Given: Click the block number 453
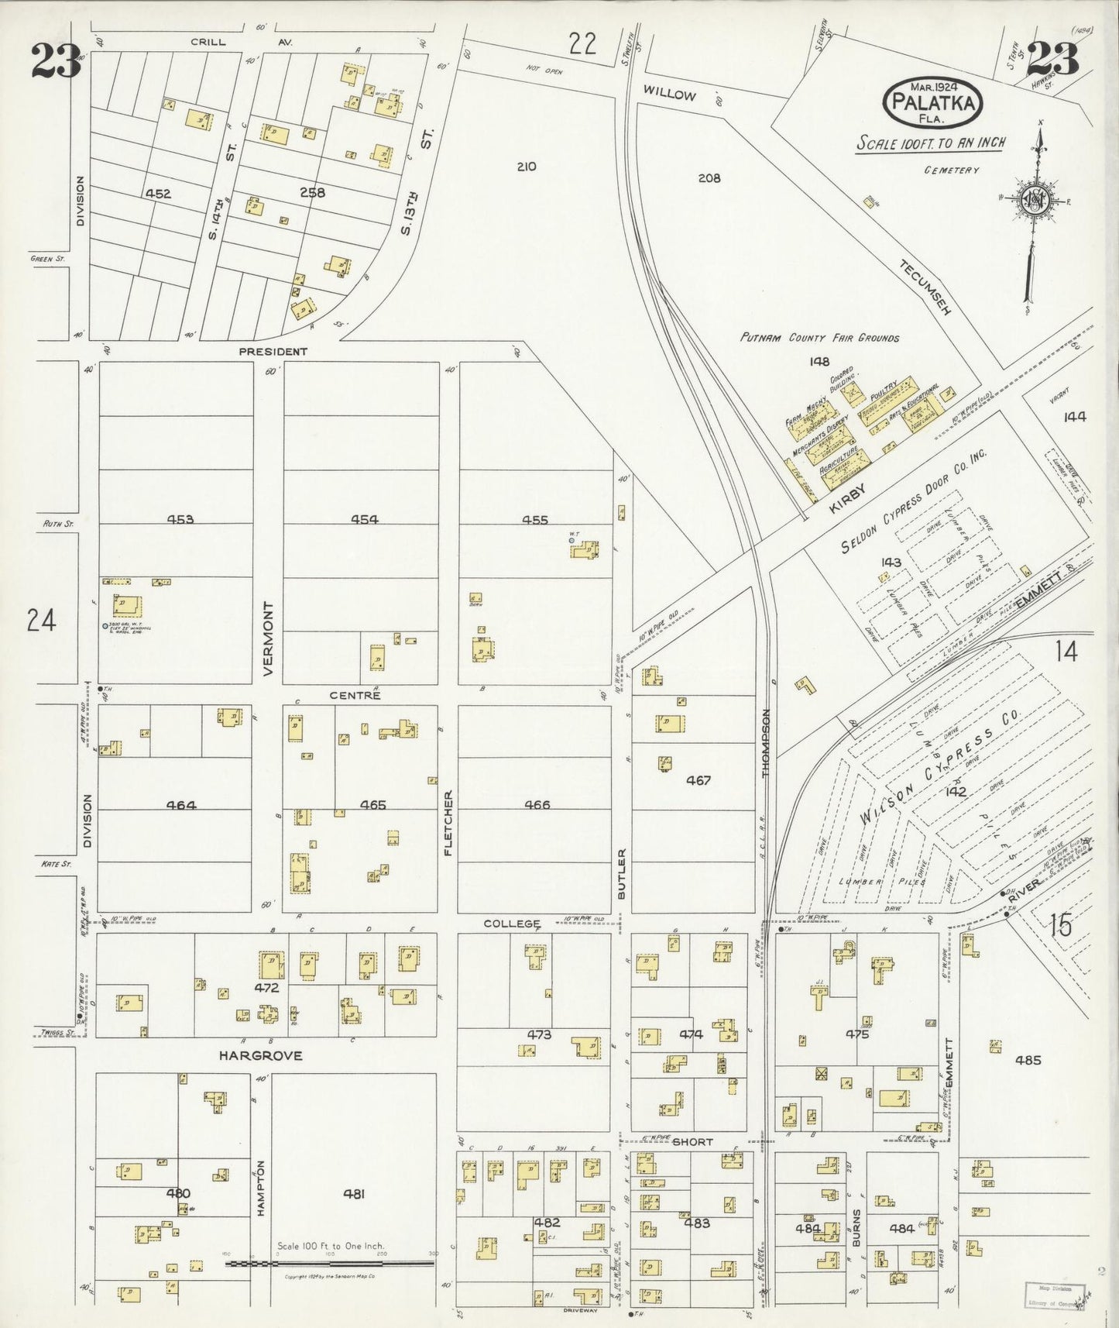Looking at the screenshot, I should click(180, 520).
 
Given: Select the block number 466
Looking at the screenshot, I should click(537, 805).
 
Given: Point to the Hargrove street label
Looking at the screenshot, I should click(260, 1055).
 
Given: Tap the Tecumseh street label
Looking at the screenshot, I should click(924, 287).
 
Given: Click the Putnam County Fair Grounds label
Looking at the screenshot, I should click(819, 338).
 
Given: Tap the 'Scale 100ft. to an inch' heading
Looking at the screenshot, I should click(930, 143).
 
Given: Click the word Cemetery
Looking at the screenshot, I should click(951, 170).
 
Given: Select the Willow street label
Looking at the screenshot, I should click(669, 95).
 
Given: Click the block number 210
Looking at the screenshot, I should click(526, 167).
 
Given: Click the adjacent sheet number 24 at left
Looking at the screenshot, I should click(41, 620).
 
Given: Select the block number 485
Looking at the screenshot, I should click(1028, 1060).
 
